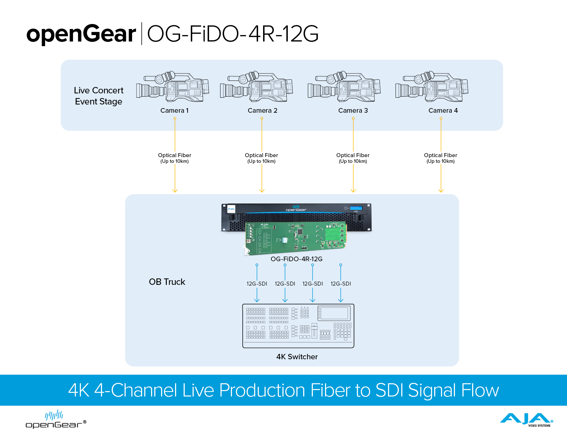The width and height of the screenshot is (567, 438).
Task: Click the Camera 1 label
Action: point(174,111)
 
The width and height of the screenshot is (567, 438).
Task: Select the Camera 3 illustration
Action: point(344,86)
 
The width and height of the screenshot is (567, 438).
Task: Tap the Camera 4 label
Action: point(443,111)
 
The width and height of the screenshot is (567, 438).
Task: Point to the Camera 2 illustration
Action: point(257,86)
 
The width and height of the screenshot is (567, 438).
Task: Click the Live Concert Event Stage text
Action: point(98,96)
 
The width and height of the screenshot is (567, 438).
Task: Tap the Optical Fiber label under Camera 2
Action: point(261,158)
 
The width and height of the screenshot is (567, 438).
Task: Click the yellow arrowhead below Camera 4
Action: point(441,191)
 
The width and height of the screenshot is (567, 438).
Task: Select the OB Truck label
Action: point(167,282)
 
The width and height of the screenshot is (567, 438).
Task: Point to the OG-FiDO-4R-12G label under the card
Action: point(296,259)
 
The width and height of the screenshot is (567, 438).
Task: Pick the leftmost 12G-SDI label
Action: point(257,283)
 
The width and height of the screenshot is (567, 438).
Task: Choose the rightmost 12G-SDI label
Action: point(340,283)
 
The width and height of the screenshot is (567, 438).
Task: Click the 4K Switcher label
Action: point(297,357)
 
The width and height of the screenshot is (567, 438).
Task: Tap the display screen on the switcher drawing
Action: point(334,313)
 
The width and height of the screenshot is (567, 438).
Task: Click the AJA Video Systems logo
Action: point(526,420)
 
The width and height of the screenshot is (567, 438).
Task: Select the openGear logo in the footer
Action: point(56,419)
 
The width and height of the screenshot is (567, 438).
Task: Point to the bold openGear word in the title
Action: point(81,34)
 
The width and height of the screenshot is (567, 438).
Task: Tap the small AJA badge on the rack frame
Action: point(231,209)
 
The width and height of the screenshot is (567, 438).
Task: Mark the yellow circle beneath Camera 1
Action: point(175,118)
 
